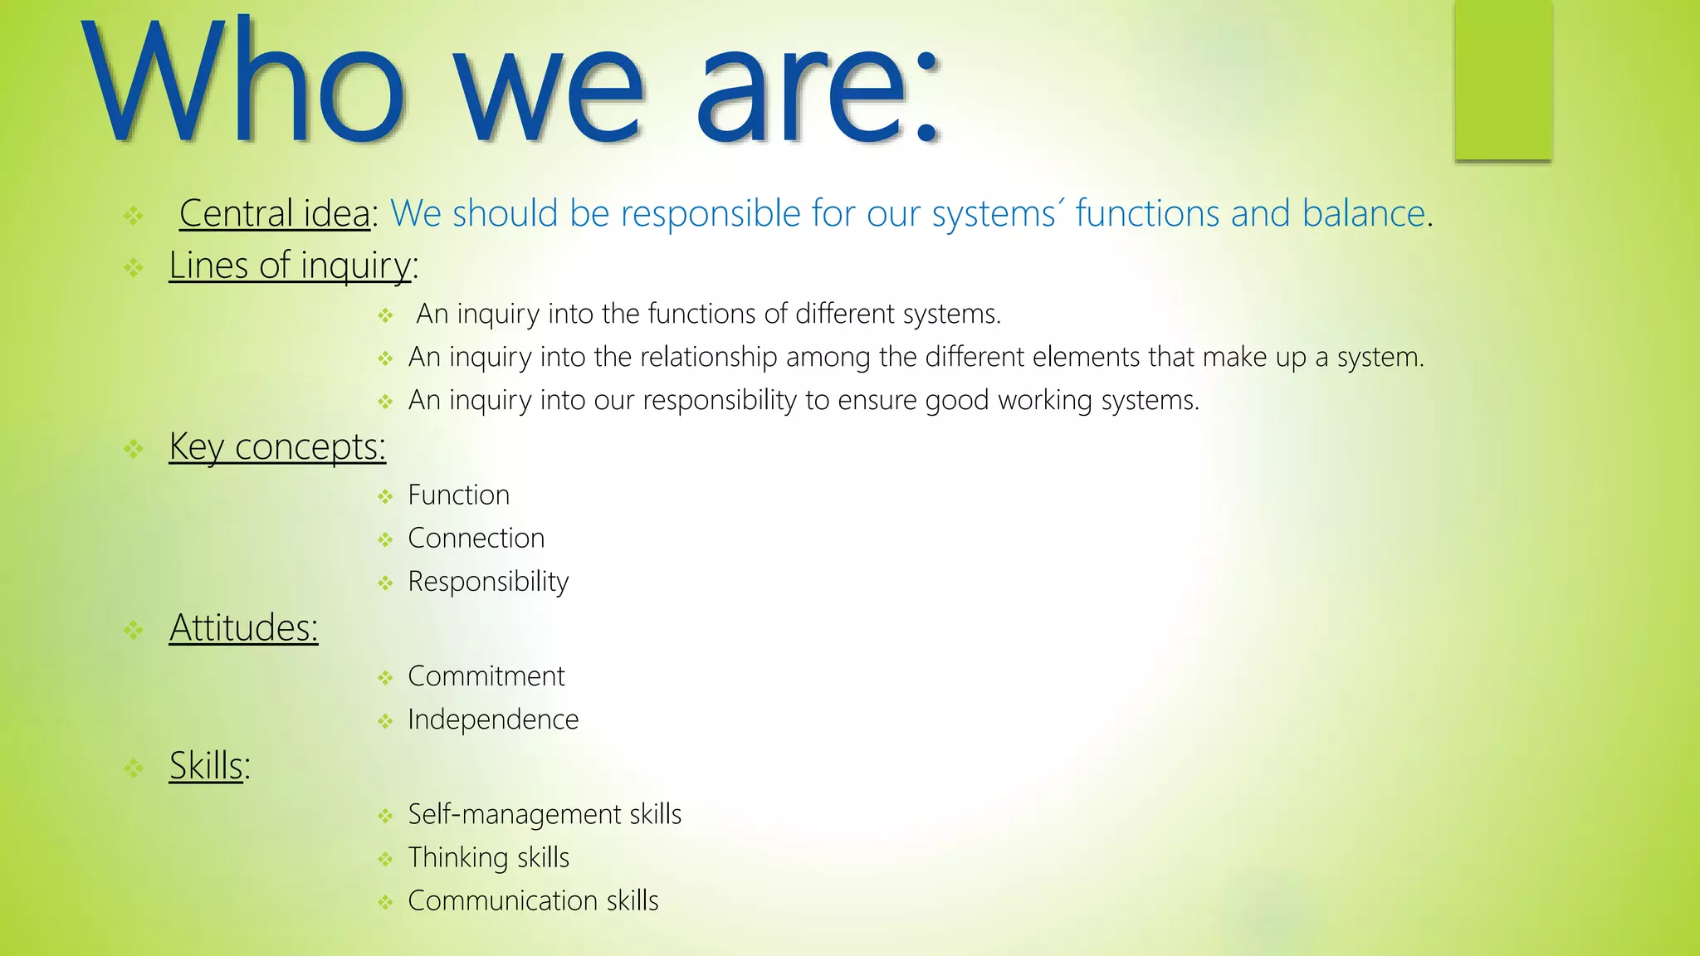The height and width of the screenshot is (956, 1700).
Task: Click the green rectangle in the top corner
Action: tap(1502, 80)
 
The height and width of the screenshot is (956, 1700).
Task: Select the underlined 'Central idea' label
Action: tap(275, 213)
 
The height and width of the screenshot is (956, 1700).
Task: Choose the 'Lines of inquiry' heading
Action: tap(290, 266)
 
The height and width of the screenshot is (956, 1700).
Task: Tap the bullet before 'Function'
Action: tap(385, 497)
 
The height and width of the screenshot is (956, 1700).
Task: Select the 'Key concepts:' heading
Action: tap(277, 446)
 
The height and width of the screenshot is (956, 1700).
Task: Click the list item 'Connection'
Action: tap(476, 538)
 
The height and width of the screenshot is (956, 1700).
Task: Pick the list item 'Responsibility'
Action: tap(488, 582)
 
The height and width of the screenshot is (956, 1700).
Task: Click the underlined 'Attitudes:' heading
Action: tap(243, 627)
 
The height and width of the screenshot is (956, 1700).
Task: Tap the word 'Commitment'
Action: tap(486, 676)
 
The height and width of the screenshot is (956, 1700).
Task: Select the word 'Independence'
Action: tap(493, 719)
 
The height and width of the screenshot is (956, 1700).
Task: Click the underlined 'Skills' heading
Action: tap(207, 765)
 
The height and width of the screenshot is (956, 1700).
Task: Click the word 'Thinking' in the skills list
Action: tap(458, 857)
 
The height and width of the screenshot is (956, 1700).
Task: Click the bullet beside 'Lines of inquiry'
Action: tap(134, 268)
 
